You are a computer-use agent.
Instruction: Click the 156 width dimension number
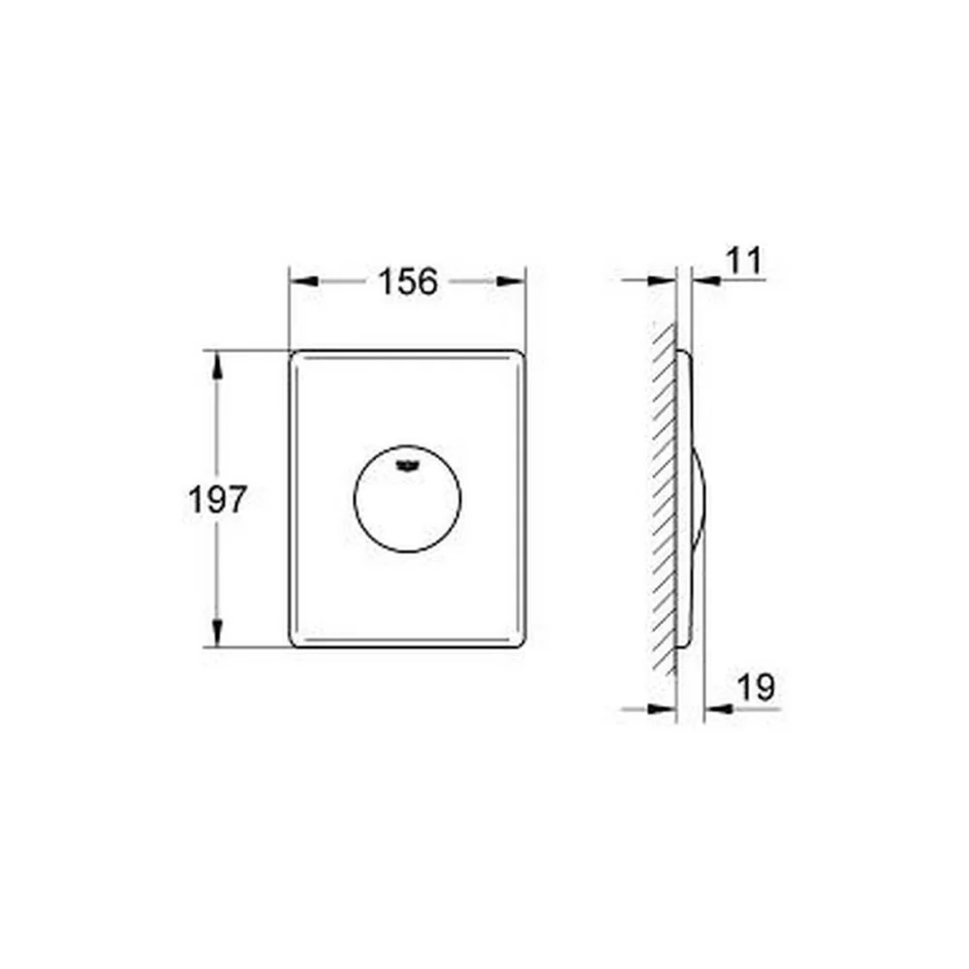click(x=407, y=281)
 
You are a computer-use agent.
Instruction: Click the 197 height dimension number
click(x=217, y=499)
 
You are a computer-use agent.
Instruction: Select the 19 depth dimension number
click(x=757, y=687)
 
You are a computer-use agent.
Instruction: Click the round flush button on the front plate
click(x=407, y=498)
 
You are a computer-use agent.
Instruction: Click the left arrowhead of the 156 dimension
click(x=304, y=281)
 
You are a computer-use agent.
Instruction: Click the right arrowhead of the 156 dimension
click(x=511, y=281)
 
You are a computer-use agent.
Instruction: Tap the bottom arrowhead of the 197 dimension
click(x=216, y=633)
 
